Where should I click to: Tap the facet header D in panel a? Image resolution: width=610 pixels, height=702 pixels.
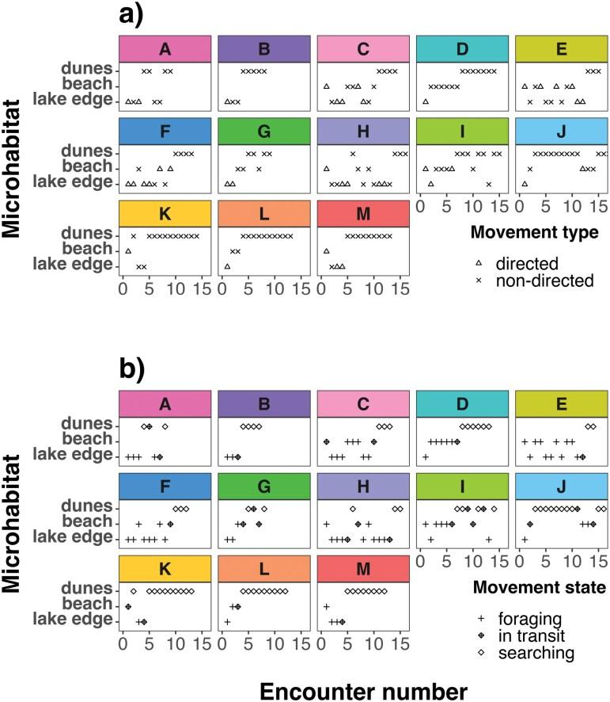pos(462,49)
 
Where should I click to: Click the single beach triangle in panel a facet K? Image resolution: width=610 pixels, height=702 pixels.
pos(127,251)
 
